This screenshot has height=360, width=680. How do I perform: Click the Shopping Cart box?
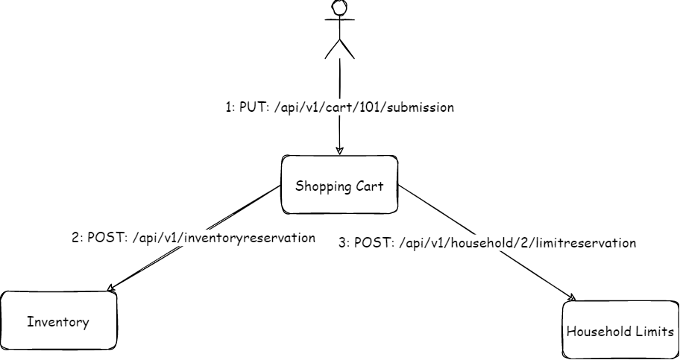click(339, 185)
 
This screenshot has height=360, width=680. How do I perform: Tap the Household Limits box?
click(620, 330)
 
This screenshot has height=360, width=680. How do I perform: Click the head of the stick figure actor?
click(340, 7)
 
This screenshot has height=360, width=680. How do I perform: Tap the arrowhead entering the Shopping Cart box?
click(339, 151)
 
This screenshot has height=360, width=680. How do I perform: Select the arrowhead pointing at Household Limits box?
click(573, 297)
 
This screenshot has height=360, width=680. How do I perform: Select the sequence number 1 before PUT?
click(227, 107)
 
